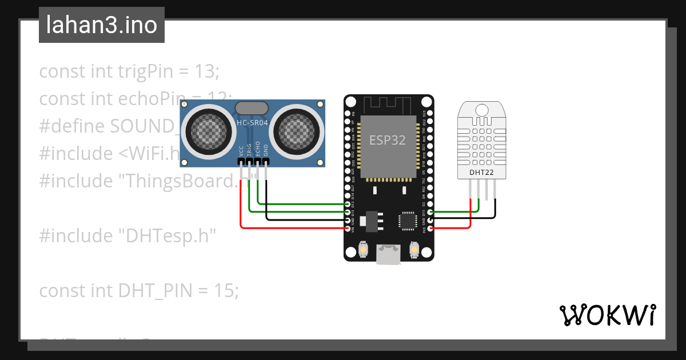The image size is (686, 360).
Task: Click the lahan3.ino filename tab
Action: pyautogui.click(x=101, y=25)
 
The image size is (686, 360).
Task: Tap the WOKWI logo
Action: pyautogui.click(x=607, y=315)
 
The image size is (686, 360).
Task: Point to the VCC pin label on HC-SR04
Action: pyautogui.click(x=241, y=151)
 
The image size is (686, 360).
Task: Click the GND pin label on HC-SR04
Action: pyautogui.click(x=265, y=151)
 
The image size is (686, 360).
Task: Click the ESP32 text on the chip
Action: pyautogui.click(x=388, y=140)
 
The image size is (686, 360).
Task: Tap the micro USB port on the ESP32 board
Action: pyautogui.click(x=388, y=255)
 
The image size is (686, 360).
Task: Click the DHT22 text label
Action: pyautogui.click(x=481, y=172)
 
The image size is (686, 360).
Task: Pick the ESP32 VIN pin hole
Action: pyautogui.click(x=348, y=228)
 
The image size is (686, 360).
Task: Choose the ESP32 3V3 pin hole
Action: pyautogui.click(x=430, y=228)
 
